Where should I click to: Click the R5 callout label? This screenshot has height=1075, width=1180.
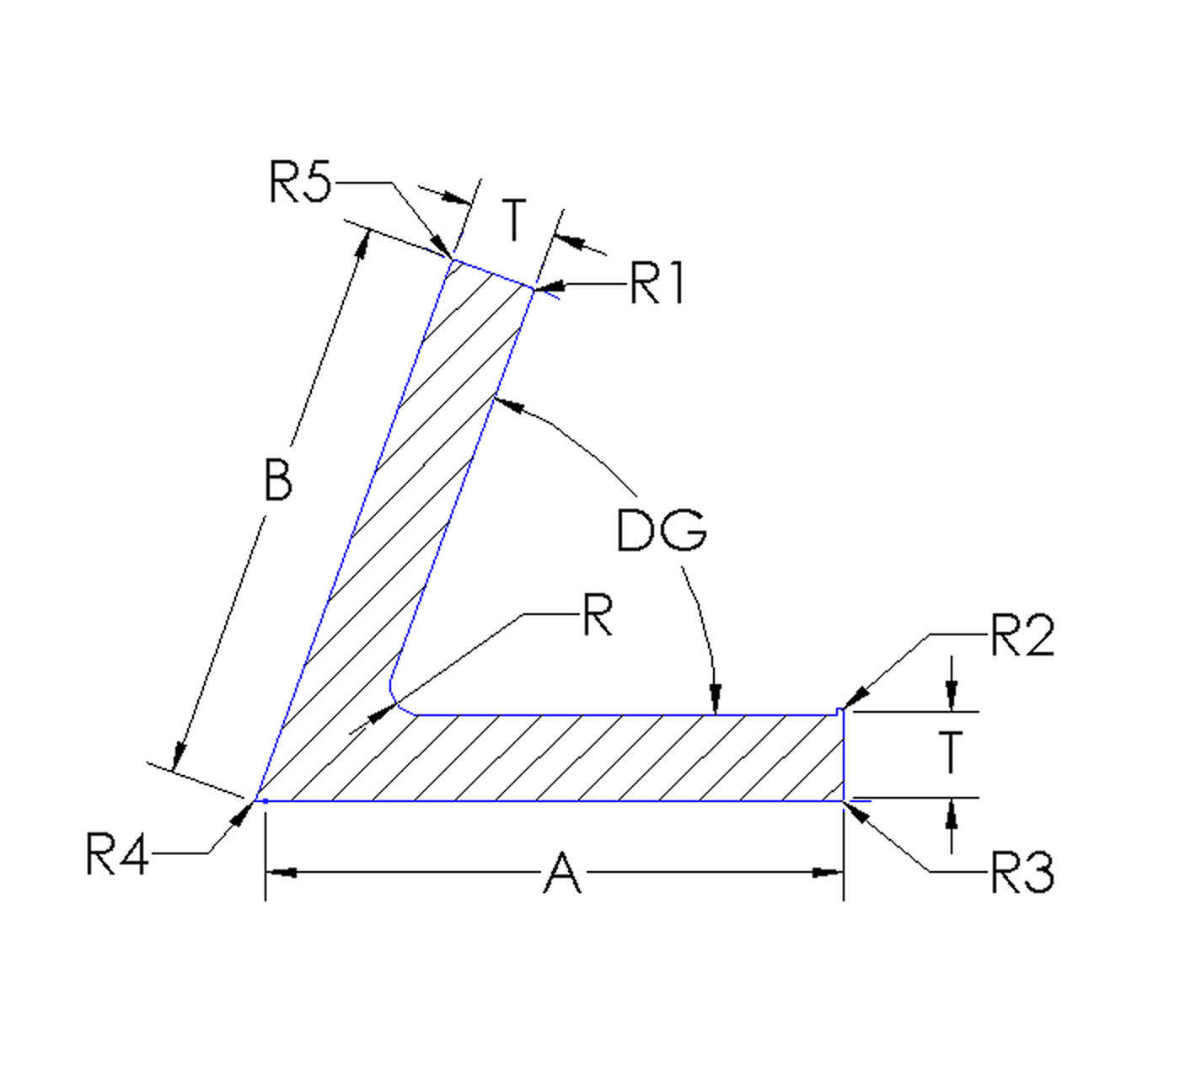(x=300, y=182)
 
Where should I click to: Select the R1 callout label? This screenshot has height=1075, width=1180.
(x=657, y=284)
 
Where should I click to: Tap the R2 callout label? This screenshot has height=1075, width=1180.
(x=1022, y=636)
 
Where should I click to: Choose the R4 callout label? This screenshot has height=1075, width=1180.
(x=117, y=854)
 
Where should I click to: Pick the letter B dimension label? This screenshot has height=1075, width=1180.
(x=278, y=480)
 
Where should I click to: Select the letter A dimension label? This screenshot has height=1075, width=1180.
(x=562, y=874)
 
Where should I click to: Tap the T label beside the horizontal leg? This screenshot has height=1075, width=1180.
(x=951, y=752)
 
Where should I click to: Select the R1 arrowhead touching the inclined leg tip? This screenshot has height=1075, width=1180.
(x=546, y=288)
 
